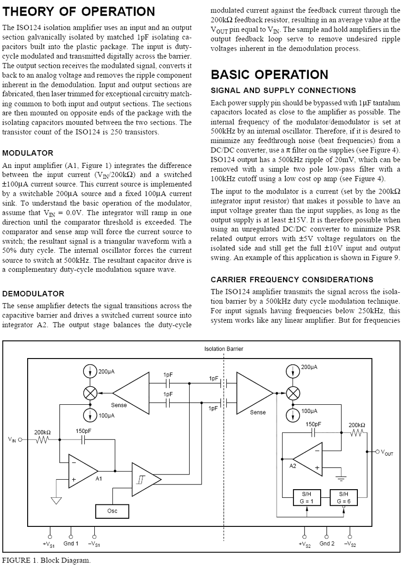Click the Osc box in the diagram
[x=112, y=512]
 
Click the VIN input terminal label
[x=12, y=440]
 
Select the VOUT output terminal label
[x=386, y=452]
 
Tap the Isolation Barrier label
[x=223, y=349]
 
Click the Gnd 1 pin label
[x=71, y=544]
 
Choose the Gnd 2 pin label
[x=327, y=544]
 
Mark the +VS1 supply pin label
[x=49, y=544]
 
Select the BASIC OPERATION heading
[x=269, y=74]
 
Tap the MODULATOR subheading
[x=28, y=153]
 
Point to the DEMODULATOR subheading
[x=33, y=293]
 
